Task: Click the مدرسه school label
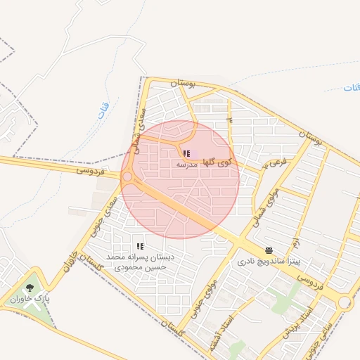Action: coord(186,165)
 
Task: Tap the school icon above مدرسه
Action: coord(186,153)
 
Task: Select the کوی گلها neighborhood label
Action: coord(217,162)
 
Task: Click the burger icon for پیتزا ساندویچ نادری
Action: coord(269,250)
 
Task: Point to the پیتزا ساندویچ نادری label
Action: coord(262,262)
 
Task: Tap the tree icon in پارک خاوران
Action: coord(30,288)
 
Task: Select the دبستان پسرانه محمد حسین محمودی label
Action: coord(138,262)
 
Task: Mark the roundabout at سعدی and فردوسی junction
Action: coord(127,177)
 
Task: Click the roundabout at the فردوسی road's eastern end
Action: coord(345,302)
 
